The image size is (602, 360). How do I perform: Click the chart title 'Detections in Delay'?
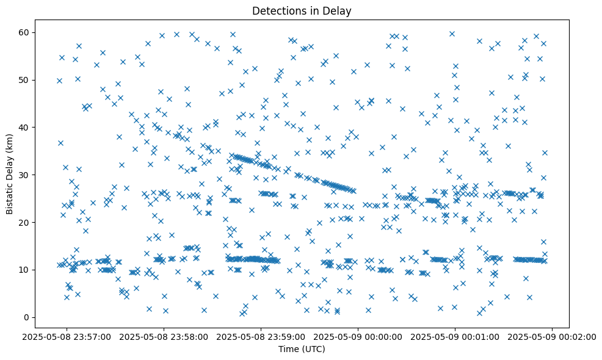click(x=302, y=10)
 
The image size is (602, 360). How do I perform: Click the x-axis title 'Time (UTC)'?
click(x=302, y=349)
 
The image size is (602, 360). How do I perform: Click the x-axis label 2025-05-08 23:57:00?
click(x=68, y=336)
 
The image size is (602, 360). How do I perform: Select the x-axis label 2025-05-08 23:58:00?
click(x=164, y=336)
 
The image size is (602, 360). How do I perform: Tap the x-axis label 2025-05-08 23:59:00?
click(x=261, y=336)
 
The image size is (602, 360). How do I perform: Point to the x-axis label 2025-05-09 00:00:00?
click(x=358, y=336)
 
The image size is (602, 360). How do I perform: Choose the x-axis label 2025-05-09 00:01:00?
click(x=455, y=336)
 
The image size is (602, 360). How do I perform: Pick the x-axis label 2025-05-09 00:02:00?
click(x=552, y=336)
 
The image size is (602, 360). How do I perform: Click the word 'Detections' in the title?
click(x=275, y=10)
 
